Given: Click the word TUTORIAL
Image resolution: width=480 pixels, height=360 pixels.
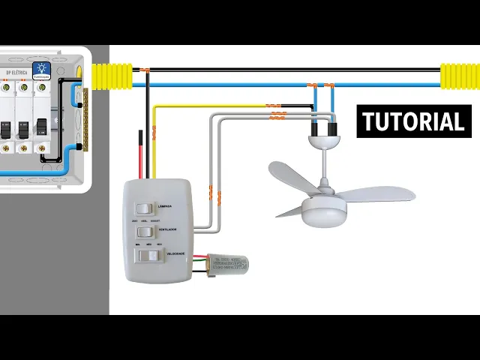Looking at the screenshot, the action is coord(413,121).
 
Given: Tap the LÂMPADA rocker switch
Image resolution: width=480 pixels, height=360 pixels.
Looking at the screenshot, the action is coord(142,208).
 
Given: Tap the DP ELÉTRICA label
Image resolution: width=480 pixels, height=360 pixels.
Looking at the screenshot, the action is coord(16,73).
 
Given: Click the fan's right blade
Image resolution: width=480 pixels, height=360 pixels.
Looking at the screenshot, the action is coord(378,193).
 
